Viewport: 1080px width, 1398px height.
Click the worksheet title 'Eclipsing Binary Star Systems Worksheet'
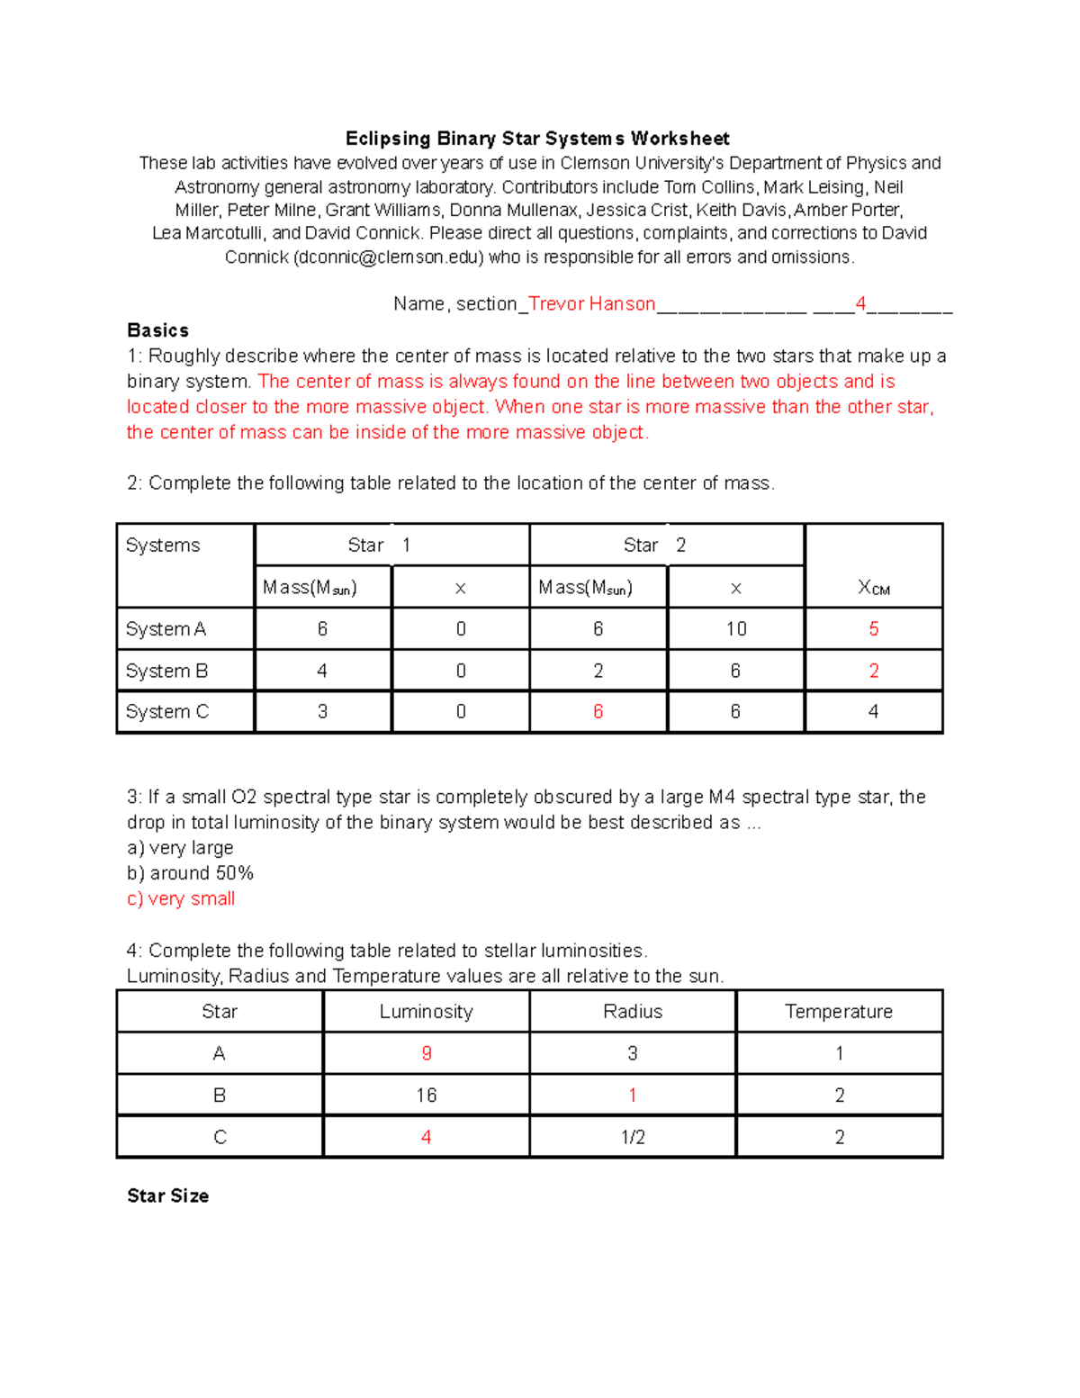(x=537, y=139)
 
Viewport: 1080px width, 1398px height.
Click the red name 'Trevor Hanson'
(x=591, y=304)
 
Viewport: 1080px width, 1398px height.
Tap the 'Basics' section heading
(x=157, y=330)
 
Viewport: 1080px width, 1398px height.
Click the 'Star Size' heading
(x=167, y=1195)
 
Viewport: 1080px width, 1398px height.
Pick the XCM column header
(x=873, y=588)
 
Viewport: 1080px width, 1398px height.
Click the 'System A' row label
(x=166, y=629)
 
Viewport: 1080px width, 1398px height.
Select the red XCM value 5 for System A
(x=873, y=629)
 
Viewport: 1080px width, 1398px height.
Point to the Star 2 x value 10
(x=735, y=629)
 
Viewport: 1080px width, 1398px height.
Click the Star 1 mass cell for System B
(x=322, y=671)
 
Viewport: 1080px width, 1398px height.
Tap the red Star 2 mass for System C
(x=598, y=712)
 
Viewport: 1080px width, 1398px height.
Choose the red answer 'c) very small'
(x=181, y=898)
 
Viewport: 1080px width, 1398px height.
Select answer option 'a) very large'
(x=180, y=848)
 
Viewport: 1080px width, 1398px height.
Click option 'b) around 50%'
(x=190, y=873)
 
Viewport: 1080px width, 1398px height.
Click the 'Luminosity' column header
(x=426, y=1012)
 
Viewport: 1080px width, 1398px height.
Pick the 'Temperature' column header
(x=839, y=1012)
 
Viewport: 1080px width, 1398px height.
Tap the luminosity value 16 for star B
(x=426, y=1096)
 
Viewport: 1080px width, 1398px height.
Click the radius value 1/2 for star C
(x=633, y=1137)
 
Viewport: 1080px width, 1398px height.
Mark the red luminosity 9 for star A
(x=426, y=1053)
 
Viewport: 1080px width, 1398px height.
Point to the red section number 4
(x=860, y=304)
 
